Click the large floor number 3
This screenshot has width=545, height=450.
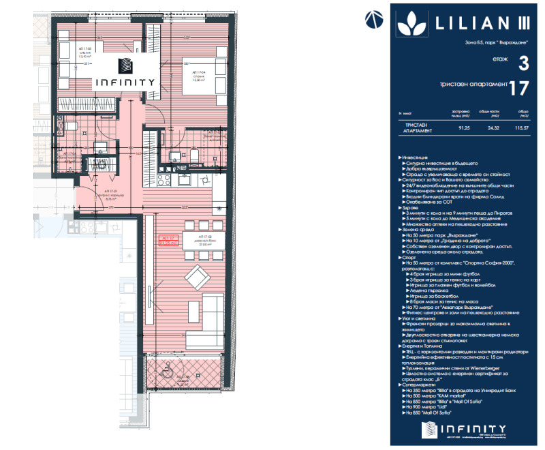(x=523, y=63)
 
